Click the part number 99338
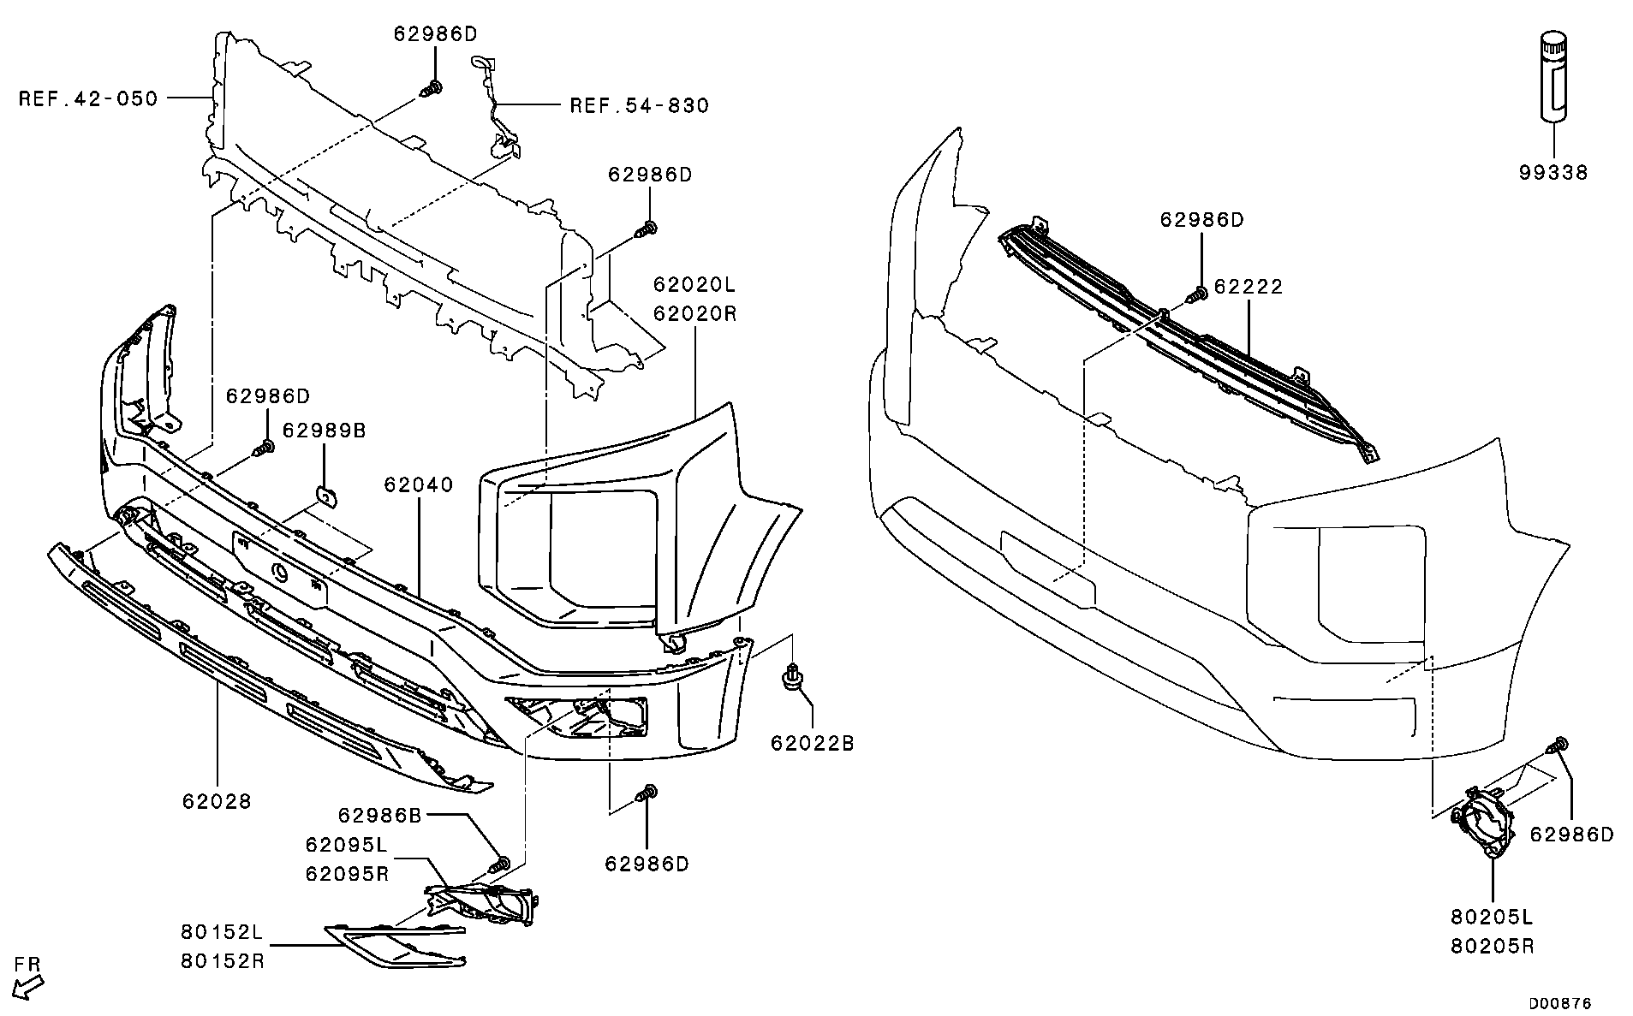[1553, 173]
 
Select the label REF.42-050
[89, 99]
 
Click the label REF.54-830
[640, 106]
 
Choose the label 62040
[418, 484]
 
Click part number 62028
[217, 801]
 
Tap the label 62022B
[812, 744]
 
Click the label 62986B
[380, 816]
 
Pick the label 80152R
[223, 961]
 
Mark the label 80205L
[1492, 918]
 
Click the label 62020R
[694, 313]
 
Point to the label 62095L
[346, 845]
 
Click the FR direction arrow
[30, 987]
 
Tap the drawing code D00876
[1559, 1002]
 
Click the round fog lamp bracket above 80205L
[1483, 827]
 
